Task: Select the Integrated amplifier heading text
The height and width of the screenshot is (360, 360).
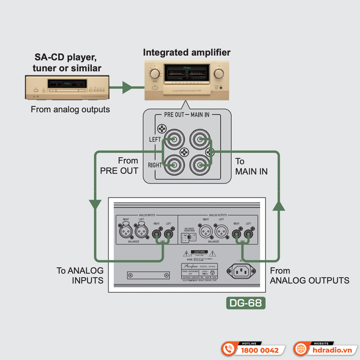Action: (x=187, y=53)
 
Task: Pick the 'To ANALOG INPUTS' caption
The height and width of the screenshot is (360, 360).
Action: (x=80, y=275)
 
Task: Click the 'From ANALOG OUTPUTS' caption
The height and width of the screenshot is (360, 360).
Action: (x=309, y=275)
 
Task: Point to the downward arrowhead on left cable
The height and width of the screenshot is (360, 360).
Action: (x=95, y=204)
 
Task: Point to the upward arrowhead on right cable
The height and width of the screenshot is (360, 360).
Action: (x=279, y=206)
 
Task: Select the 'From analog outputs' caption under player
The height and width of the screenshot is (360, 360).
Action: (x=70, y=109)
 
